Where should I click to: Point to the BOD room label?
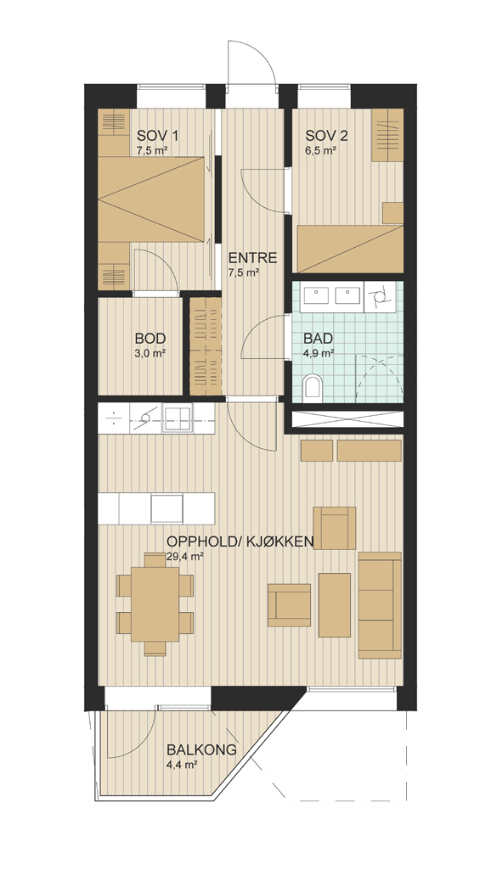tap(150, 339)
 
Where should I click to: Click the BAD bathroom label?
tap(319, 339)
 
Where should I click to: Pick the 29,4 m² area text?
tap(185, 557)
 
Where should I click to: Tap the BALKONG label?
tap(201, 750)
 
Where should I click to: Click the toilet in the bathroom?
tap(311, 388)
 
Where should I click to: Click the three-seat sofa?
tap(380, 605)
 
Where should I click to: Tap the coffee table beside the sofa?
tap(335, 604)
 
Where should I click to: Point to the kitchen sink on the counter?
tap(177, 418)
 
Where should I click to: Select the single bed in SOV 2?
tap(350, 249)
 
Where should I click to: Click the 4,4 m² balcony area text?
tap(181, 765)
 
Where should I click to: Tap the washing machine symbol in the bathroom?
tap(380, 297)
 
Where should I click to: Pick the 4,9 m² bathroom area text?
tap(319, 353)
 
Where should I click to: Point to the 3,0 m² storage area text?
tap(150, 353)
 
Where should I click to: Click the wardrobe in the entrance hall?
tap(206, 345)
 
